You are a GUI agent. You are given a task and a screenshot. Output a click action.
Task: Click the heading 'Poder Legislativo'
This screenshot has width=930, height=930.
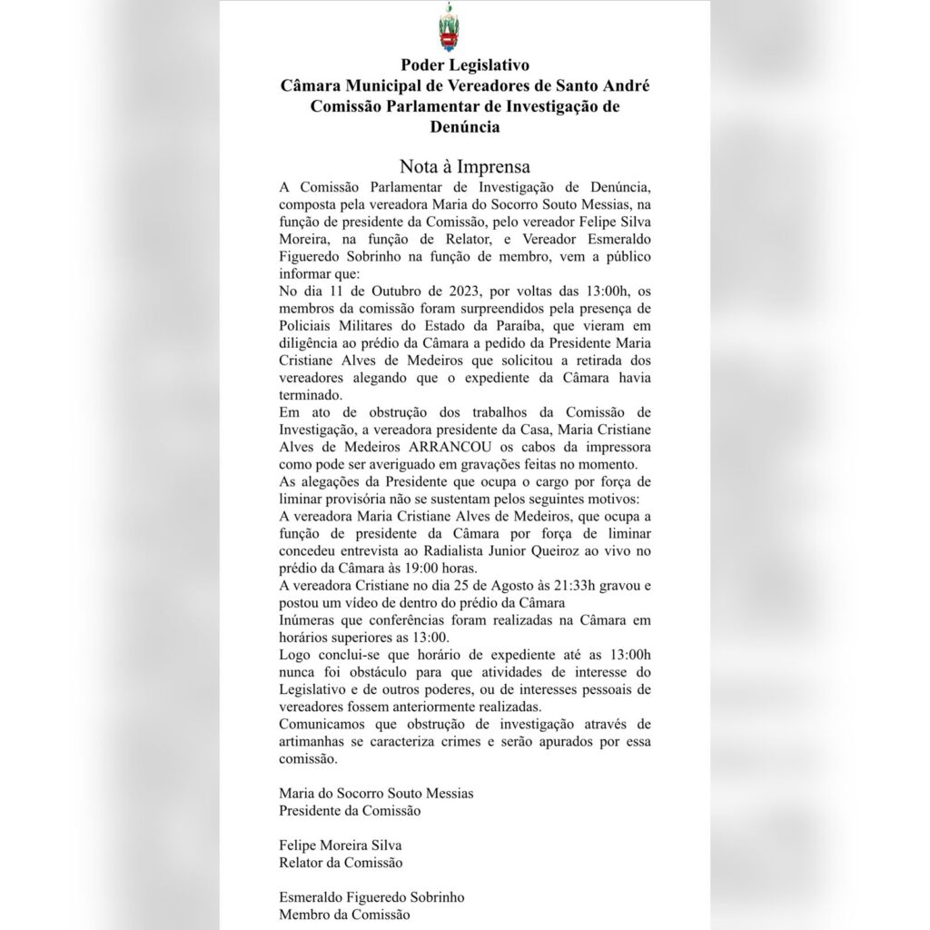pos(464,66)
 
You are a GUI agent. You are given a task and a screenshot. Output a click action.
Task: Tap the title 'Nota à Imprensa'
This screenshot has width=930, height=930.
pos(464,167)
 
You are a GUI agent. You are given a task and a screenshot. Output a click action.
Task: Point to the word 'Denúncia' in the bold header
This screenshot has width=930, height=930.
pos(464,127)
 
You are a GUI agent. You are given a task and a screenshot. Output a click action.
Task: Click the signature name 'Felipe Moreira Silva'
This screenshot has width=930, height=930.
pos(341,845)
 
